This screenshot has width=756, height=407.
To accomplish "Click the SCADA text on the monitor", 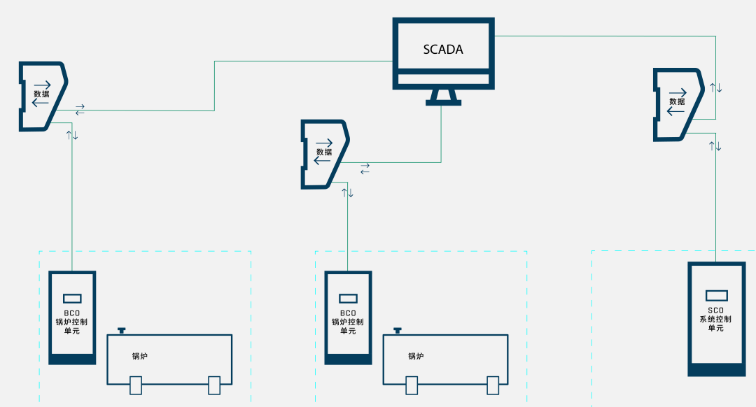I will pos(443,50).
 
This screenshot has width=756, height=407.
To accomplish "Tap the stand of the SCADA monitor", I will pos(444,97).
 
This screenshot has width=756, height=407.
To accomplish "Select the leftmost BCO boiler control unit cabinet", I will pos(72,317).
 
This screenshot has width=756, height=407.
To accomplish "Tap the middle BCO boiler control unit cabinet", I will pos(348,317).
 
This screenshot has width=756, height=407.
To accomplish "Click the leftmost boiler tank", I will pos(169,359).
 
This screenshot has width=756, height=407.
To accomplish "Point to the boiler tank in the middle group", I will pos(445,359).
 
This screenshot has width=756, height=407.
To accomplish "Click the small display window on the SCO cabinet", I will pos(716,295).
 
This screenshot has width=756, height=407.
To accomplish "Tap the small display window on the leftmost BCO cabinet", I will pos(72,298).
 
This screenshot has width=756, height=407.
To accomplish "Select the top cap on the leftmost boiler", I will pos(122,329).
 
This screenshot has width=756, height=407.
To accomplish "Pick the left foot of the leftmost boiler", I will pos(136,385).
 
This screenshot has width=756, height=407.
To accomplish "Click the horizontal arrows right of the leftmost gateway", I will pos(80,110).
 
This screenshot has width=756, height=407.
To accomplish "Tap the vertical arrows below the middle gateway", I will pos(347,192).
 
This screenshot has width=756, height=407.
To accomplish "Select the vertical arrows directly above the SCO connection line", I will pos(715,145).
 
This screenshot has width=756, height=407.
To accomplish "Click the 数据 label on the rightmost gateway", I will pos(677,101).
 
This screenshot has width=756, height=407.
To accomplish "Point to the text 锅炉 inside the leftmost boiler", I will pos(140,356).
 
